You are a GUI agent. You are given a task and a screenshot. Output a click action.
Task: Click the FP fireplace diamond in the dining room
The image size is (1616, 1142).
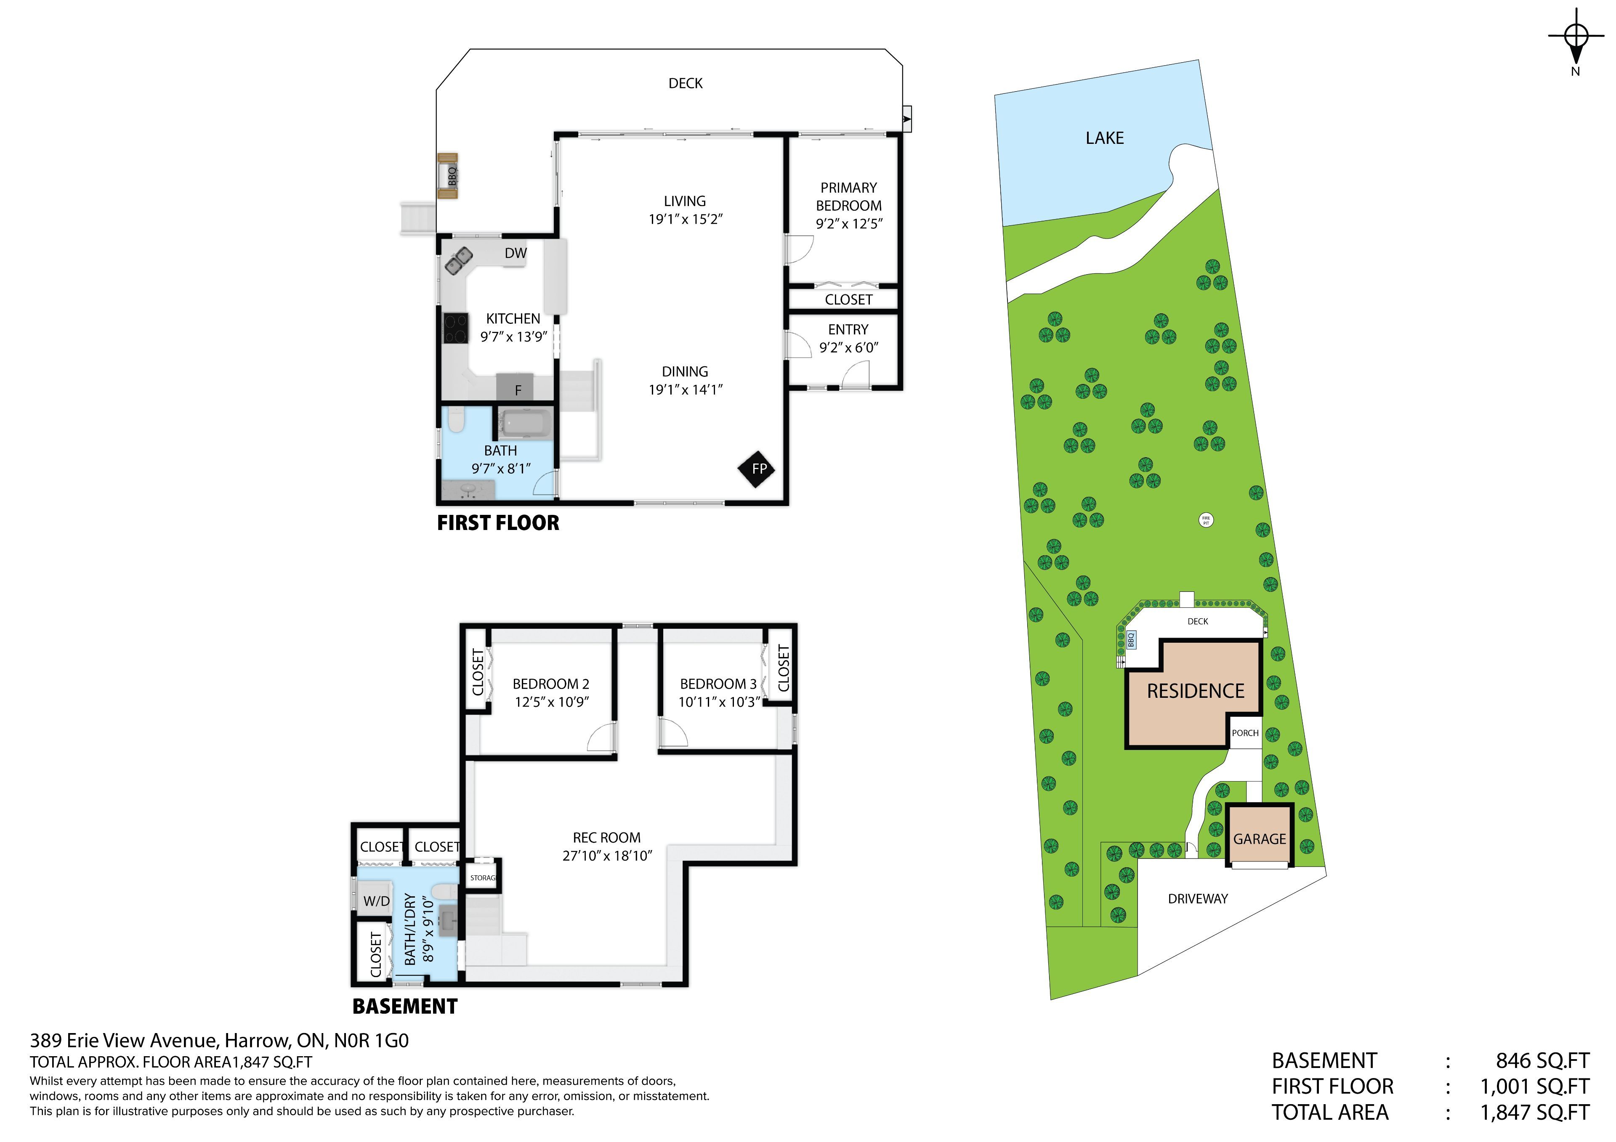pyautogui.click(x=757, y=469)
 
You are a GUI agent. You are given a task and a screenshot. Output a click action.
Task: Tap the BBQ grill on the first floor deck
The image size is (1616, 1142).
pyautogui.click(x=448, y=176)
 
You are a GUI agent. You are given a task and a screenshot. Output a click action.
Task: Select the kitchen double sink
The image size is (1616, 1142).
pyautogui.click(x=459, y=262)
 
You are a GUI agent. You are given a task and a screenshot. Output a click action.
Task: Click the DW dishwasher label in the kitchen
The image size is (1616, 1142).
pyautogui.click(x=515, y=253)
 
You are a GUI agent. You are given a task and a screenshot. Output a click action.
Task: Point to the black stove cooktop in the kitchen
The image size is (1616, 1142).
pyautogui.click(x=456, y=328)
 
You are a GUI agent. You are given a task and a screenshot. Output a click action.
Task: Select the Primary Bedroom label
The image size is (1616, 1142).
pyautogui.click(x=849, y=197)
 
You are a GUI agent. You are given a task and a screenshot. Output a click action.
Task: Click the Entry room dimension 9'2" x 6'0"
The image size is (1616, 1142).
pyautogui.click(x=849, y=347)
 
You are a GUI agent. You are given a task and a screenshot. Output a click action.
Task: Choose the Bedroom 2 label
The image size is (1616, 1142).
pyautogui.click(x=550, y=684)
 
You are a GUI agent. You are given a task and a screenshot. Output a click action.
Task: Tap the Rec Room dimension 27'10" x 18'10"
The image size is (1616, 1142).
pyautogui.click(x=607, y=856)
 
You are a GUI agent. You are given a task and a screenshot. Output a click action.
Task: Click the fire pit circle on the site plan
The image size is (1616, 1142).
pyautogui.click(x=1206, y=521)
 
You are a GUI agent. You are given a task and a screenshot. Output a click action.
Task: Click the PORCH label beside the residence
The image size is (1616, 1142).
pyautogui.click(x=1245, y=733)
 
